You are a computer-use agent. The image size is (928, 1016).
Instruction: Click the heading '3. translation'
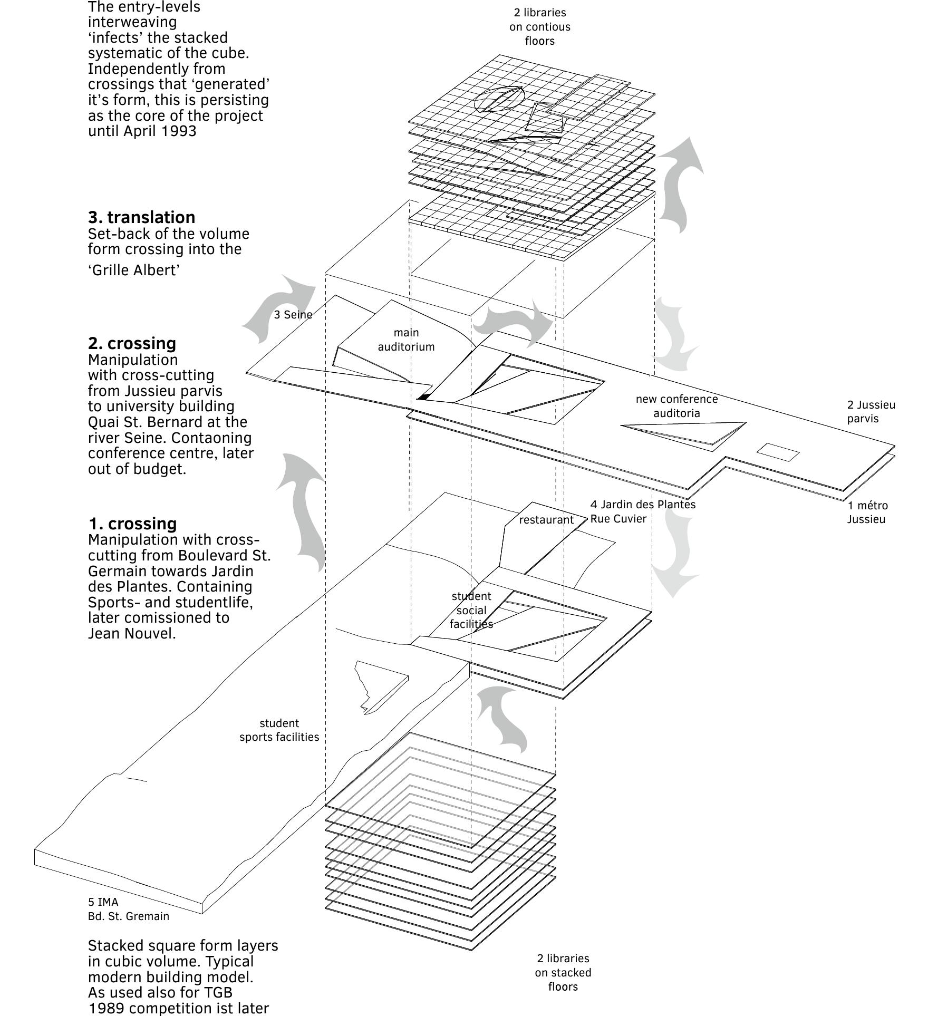[141, 217]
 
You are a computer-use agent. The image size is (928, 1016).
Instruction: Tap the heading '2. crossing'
[132, 343]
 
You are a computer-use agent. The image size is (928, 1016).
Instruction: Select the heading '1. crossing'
[132, 524]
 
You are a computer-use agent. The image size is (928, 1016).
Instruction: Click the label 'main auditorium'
[406, 340]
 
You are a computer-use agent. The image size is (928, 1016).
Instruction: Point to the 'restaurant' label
[546, 520]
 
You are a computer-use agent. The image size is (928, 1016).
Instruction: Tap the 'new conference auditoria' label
[676, 406]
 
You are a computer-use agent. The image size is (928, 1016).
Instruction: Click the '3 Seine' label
[293, 315]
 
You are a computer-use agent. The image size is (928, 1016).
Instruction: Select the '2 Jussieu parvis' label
[871, 412]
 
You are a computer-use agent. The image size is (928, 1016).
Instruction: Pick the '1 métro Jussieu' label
[867, 512]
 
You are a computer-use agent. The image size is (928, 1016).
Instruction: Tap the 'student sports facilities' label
[279, 730]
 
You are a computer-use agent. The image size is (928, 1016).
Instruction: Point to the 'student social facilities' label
[471, 610]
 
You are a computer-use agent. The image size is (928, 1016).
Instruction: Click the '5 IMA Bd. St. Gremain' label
[128, 909]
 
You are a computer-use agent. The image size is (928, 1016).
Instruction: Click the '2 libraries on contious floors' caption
[539, 26]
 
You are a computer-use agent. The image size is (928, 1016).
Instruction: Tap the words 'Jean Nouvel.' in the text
[132, 633]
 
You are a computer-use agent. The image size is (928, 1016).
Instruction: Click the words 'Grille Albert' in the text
[134, 270]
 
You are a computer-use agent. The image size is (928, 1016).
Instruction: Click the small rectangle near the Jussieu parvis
[778, 452]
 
